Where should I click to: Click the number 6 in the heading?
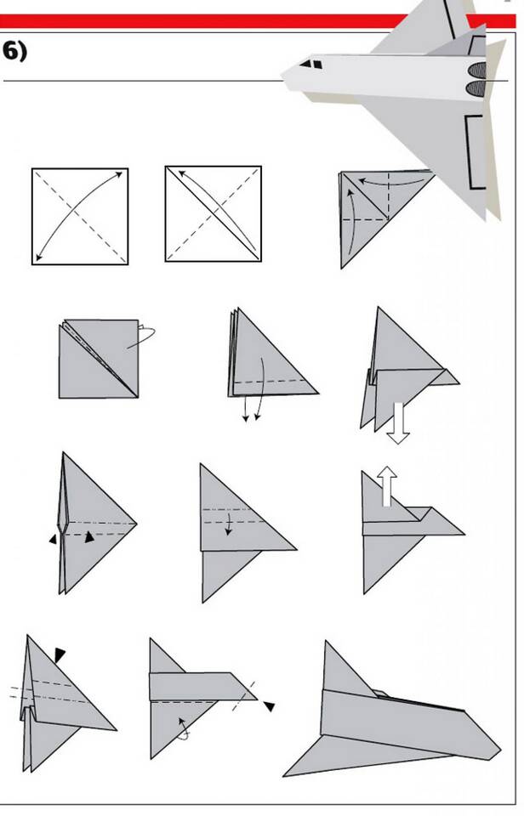(x=10, y=52)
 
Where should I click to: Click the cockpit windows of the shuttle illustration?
(x=311, y=65)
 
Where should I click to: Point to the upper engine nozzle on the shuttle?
(x=477, y=70)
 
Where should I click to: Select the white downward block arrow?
(x=398, y=423)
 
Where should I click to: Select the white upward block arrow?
(x=386, y=486)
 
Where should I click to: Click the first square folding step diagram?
(x=80, y=217)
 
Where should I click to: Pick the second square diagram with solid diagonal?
(x=214, y=214)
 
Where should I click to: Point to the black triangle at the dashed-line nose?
(x=269, y=706)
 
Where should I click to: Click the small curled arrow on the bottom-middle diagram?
(x=184, y=729)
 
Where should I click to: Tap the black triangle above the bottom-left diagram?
(x=60, y=654)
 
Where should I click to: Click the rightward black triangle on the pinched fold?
(x=89, y=536)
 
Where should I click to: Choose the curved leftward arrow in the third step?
(x=390, y=182)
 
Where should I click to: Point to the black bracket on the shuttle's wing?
(x=474, y=151)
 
